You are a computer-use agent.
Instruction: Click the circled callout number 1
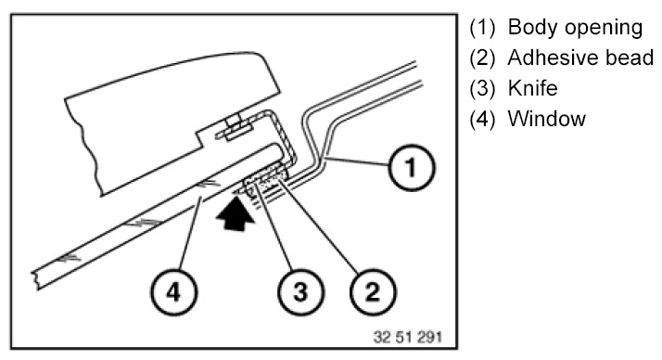click(412, 168)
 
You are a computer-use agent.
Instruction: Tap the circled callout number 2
click(373, 292)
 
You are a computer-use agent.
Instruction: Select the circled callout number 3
click(300, 292)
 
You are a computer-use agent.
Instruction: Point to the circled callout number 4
click(174, 292)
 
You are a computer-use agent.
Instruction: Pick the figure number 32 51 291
click(407, 337)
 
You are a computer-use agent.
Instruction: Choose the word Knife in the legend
click(533, 88)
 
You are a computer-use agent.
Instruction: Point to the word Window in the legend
click(547, 119)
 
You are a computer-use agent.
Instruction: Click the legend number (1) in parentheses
click(482, 28)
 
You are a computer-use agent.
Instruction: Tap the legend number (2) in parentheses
click(482, 58)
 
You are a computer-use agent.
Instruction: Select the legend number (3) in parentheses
click(482, 89)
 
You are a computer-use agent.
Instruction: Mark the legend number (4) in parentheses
click(482, 119)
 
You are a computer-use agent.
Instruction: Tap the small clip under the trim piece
click(234, 129)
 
